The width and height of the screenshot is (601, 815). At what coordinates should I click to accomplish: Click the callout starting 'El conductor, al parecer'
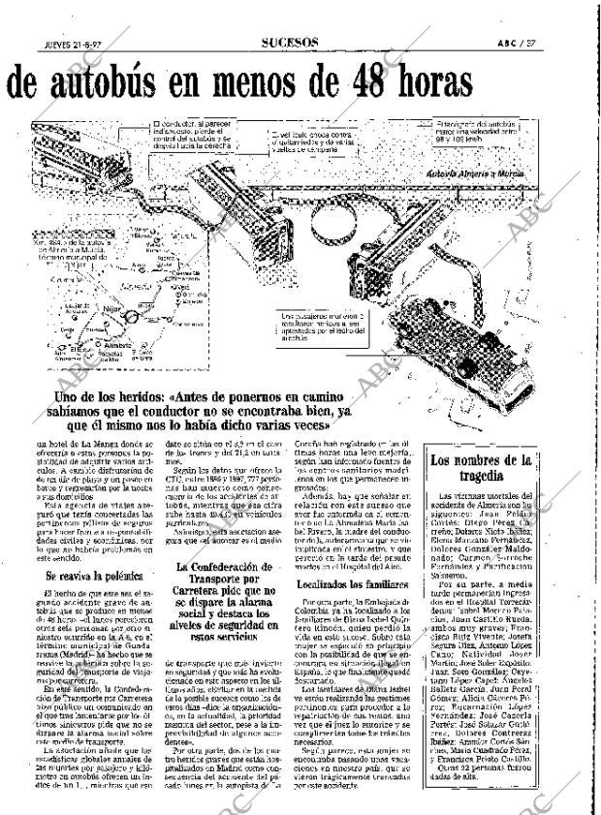pyautogui.click(x=194, y=136)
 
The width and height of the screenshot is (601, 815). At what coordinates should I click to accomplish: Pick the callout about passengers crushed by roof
pyautogui.click(x=323, y=329)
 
